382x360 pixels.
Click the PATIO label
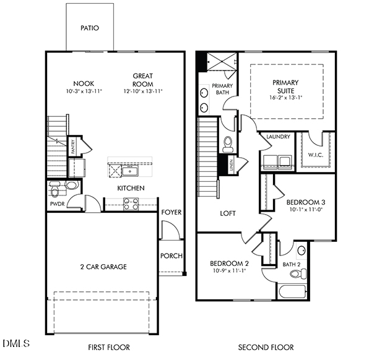click(90, 28)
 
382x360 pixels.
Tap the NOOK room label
click(83, 84)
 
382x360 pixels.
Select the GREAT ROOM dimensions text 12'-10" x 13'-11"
click(142, 91)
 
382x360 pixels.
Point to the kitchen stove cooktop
click(131, 202)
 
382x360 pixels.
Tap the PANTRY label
click(72, 147)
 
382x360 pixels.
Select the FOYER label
click(171, 212)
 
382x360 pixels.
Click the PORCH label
click(171, 255)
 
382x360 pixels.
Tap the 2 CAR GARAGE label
click(103, 267)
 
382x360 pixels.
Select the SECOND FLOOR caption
click(266, 348)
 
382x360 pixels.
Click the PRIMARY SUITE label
click(285, 86)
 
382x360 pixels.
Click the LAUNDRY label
click(278, 137)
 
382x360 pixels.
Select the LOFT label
click(228, 213)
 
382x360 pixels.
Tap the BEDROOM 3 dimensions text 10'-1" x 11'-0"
click(306, 210)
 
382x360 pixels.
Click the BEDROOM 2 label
click(229, 263)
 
